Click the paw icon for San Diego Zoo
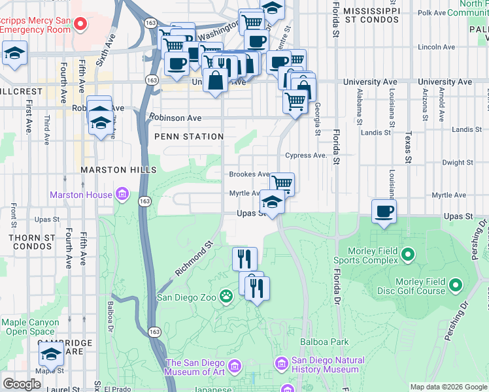click(x=226, y=297)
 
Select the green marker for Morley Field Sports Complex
click(x=409, y=253)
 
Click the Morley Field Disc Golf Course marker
click(x=455, y=286)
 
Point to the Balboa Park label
click(x=324, y=342)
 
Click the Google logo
click(x=22, y=384)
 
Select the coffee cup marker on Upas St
click(x=384, y=212)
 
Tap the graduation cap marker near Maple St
click(x=51, y=355)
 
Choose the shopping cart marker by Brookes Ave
click(x=282, y=183)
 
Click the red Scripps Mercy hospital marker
click(x=81, y=24)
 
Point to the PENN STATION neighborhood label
click(x=189, y=137)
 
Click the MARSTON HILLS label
click(x=110, y=170)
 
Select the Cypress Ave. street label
click(x=305, y=155)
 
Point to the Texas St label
click(x=408, y=149)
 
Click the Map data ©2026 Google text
click(x=448, y=387)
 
